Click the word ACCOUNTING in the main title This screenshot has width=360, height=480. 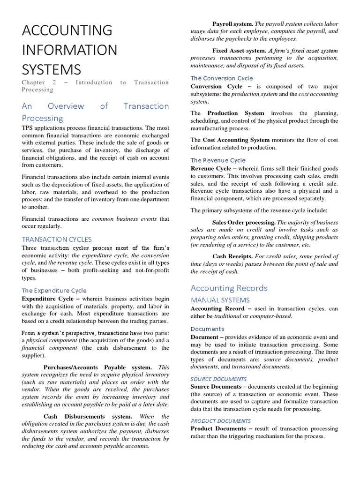pos(67,30)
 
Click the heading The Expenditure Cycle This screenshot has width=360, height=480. pos(54,290)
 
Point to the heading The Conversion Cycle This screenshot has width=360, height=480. pos(221,78)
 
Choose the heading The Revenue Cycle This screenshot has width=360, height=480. pos(218,160)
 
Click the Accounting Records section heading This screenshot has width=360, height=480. pos(229,288)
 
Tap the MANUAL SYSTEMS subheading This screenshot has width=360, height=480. pos(220,300)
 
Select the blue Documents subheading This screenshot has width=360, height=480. pos(207,329)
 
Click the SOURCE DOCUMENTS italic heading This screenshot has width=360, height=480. pos(218,379)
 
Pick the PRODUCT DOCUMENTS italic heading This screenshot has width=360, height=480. pos(220,420)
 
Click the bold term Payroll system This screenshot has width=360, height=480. pos(232,23)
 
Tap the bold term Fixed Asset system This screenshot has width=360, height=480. pos(239,50)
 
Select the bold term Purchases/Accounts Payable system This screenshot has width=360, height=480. pos(97,367)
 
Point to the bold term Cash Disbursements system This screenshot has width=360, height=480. pos(88,416)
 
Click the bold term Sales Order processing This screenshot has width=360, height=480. pos(244,222)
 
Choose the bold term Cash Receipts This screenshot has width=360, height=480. pos(232,256)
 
